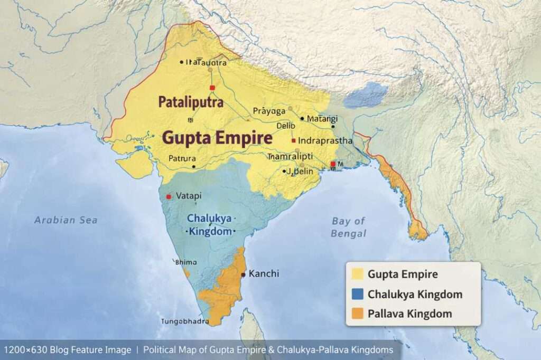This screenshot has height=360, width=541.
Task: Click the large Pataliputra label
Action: [191, 102]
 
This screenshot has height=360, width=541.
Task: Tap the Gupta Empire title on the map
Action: [217, 138]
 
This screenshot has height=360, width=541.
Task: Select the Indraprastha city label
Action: [325, 141]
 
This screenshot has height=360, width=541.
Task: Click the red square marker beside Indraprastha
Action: [293, 141]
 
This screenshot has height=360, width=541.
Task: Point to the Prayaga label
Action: [269, 111]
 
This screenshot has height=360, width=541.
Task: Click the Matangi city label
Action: [322, 119]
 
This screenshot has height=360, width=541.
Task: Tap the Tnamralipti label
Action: [290, 157]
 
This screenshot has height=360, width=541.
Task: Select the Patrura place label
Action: [182, 158]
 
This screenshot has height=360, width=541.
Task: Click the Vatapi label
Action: [189, 196]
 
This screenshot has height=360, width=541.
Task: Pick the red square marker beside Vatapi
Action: [169, 196]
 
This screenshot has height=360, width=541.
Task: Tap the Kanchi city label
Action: [264, 274]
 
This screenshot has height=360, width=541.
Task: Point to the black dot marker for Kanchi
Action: [243, 274]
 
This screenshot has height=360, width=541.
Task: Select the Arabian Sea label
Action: [66, 220]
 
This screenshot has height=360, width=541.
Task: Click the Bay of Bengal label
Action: [348, 227]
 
